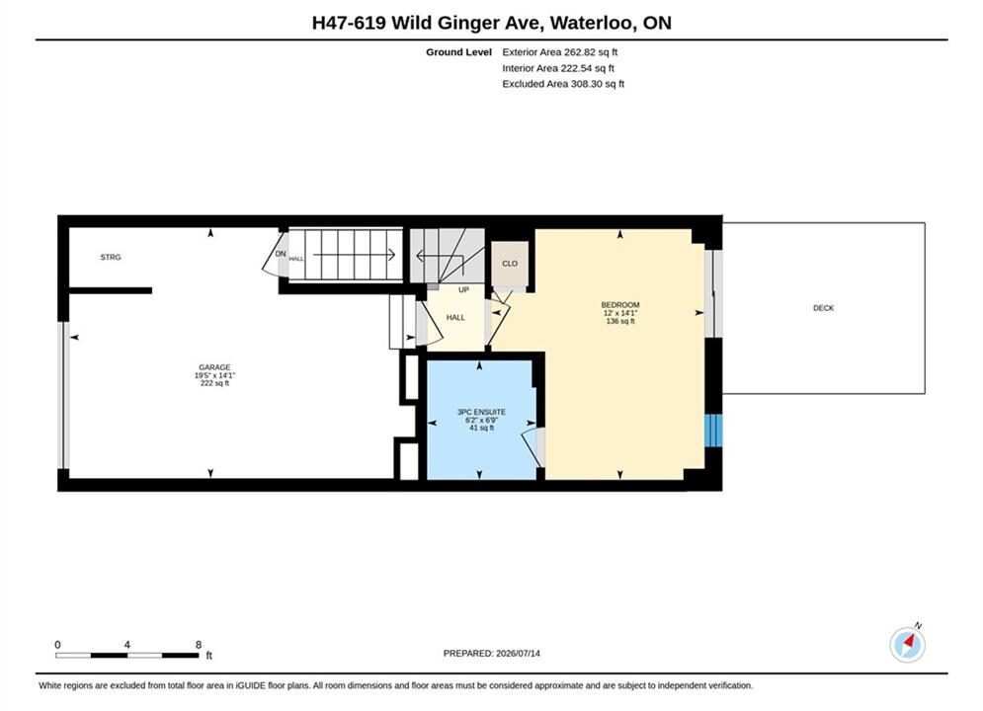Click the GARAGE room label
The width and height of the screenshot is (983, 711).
coord(214,367)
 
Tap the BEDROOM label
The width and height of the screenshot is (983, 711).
coord(620,305)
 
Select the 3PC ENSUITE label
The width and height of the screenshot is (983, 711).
coord(481,412)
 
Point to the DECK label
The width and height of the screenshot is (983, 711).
coord(823,308)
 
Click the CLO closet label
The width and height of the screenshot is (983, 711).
coord(510,264)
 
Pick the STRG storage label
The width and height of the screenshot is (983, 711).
coord(111,257)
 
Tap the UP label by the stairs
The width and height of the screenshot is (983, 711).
coord(463,290)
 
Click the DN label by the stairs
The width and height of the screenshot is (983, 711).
coord(281,254)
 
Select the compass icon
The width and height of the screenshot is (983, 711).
coord(907,644)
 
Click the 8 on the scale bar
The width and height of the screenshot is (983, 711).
coord(199,645)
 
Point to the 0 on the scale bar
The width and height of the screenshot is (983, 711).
coord(57,645)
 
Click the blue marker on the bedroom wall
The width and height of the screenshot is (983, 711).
coord(713,431)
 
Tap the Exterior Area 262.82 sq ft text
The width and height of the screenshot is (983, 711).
coord(560,52)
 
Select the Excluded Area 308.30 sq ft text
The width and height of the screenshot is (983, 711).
coord(563,83)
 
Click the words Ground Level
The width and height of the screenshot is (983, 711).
coord(459,52)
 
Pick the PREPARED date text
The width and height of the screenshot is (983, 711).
coord(492,653)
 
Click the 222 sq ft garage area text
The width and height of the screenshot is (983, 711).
coord(214,383)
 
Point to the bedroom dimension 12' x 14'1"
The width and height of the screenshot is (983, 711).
coord(620,313)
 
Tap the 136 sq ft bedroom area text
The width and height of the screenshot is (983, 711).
coord(620,321)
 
